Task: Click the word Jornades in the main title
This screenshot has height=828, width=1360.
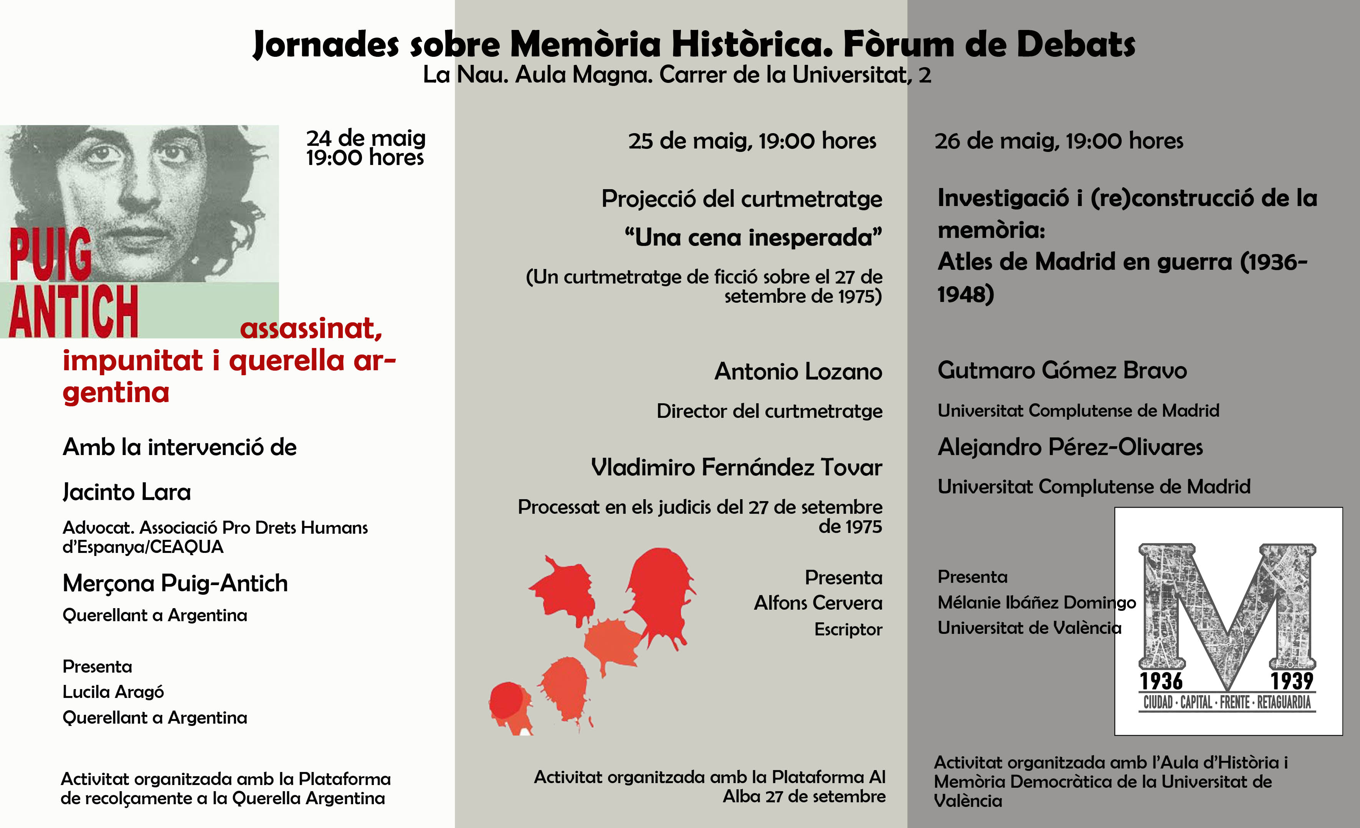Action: tap(326, 44)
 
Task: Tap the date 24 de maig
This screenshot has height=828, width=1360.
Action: tap(365, 138)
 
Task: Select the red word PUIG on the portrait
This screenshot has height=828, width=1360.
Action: tap(51, 254)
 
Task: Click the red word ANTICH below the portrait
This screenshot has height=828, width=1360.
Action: tap(73, 312)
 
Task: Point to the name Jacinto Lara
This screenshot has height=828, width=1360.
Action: tap(126, 492)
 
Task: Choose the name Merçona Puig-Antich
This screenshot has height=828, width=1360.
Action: tap(175, 584)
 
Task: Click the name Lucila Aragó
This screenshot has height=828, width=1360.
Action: tap(113, 692)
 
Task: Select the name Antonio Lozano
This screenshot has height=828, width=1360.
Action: tap(798, 372)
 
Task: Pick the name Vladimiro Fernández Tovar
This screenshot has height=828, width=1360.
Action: tap(736, 468)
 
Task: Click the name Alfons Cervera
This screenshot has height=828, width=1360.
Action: tap(818, 603)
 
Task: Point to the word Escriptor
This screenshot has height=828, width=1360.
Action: tap(848, 629)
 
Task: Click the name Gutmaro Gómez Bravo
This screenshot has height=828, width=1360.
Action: tap(1062, 371)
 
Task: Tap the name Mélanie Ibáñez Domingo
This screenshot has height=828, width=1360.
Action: tap(1036, 602)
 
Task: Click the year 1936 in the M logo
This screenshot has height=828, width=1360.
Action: tap(1161, 681)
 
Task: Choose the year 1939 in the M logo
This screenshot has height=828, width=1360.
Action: tap(1292, 681)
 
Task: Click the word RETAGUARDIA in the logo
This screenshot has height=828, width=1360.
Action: tap(1284, 703)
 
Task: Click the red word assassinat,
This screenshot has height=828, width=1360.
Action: tap(311, 329)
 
